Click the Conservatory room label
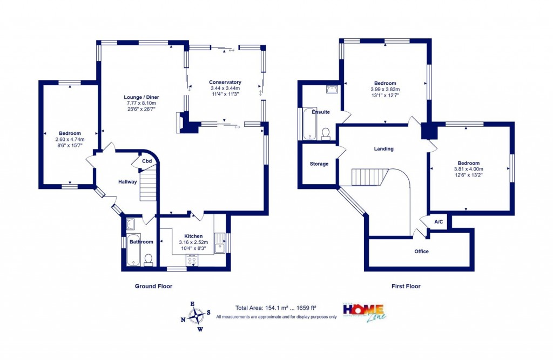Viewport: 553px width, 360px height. [225, 82]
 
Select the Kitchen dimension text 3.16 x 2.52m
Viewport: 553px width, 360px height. [193, 242]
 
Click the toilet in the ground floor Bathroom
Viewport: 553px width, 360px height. [149, 260]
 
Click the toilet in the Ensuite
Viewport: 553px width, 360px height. [326, 133]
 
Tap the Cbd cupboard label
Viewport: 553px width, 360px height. [146, 161]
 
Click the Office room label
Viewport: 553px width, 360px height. [421, 252]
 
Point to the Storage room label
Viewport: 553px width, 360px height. [319, 164]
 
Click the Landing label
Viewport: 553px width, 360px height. [384, 149]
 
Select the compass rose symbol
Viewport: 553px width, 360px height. [197, 314]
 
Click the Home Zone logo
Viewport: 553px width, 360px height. [365, 311]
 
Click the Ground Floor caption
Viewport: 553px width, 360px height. [153, 286]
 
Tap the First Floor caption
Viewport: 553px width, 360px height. [406, 286]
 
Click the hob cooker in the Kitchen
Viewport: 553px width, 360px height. [192, 261]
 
